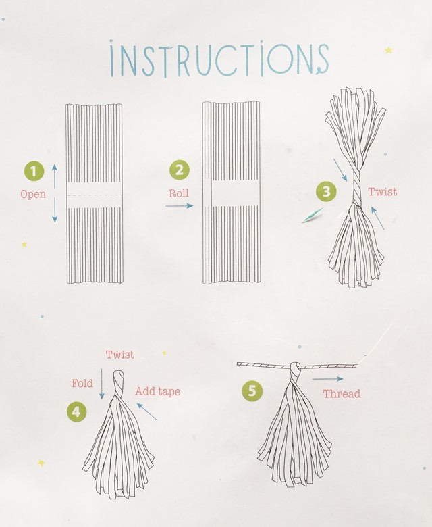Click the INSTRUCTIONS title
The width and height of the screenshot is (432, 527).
click(x=219, y=59)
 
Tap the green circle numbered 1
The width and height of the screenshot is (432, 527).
click(x=34, y=171)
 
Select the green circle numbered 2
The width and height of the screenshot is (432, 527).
click(x=180, y=170)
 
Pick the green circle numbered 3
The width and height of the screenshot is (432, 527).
click(x=326, y=191)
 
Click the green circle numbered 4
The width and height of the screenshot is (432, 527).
click(x=76, y=411)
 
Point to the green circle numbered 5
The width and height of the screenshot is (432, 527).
click(x=252, y=391)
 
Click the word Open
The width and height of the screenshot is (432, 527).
click(x=33, y=195)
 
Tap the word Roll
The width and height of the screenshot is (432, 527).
click(x=179, y=193)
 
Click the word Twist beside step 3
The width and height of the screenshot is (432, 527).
click(x=382, y=192)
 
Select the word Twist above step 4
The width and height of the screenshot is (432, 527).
click(x=120, y=355)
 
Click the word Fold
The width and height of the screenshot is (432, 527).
click(x=82, y=383)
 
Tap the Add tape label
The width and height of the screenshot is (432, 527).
click(x=158, y=391)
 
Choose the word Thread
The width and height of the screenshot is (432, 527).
click(x=342, y=394)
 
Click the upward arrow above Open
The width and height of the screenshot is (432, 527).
click(x=55, y=176)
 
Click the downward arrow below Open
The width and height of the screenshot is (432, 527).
click(x=55, y=210)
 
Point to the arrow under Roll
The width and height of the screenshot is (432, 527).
click(x=180, y=205)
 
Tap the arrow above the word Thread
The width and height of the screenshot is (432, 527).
click(x=327, y=379)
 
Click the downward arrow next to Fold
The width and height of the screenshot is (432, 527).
click(x=102, y=384)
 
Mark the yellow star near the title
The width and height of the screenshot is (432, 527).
click(x=388, y=51)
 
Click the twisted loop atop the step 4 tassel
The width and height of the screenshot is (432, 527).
click(x=118, y=382)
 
